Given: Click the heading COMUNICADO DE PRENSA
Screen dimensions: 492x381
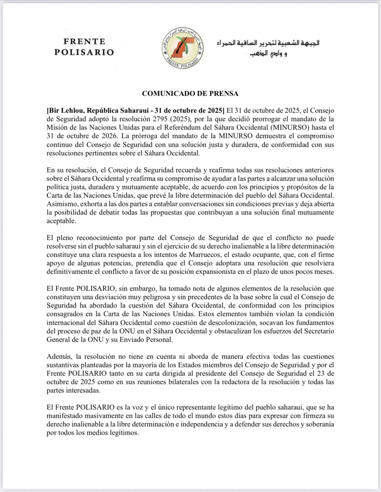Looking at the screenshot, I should [190, 94].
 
